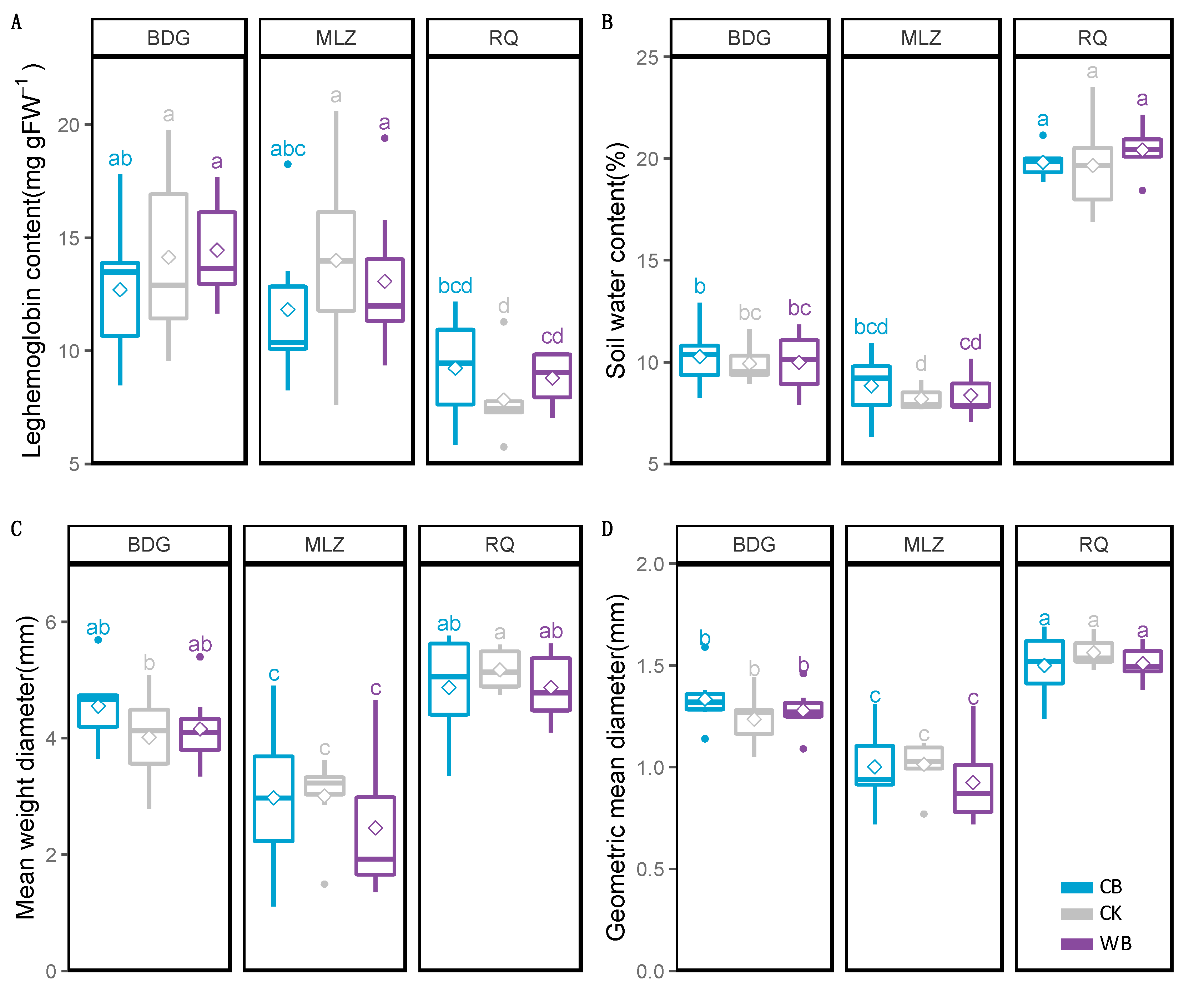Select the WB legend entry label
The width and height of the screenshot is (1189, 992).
click(x=1115, y=943)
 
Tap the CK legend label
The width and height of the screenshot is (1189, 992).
click(x=1110, y=913)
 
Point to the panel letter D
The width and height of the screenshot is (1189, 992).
click(x=607, y=529)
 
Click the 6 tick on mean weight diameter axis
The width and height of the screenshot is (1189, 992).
click(x=51, y=622)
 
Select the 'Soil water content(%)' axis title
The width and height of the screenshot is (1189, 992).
click(x=616, y=261)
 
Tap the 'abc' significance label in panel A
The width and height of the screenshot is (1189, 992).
click(x=288, y=149)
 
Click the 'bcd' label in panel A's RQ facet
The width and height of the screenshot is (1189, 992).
click(x=455, y=286)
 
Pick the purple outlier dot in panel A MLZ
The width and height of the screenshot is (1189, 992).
click(x=384, y=138)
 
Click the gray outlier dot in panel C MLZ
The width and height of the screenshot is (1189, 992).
click(x=324, y=884)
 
